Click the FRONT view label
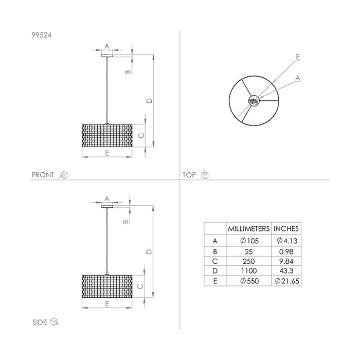point(43,175)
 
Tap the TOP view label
point(190,175)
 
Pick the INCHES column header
point(286,228)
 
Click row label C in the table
point(214,261)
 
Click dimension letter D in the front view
point(149,101)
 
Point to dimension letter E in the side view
point(106,304)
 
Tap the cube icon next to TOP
point(205,175)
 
